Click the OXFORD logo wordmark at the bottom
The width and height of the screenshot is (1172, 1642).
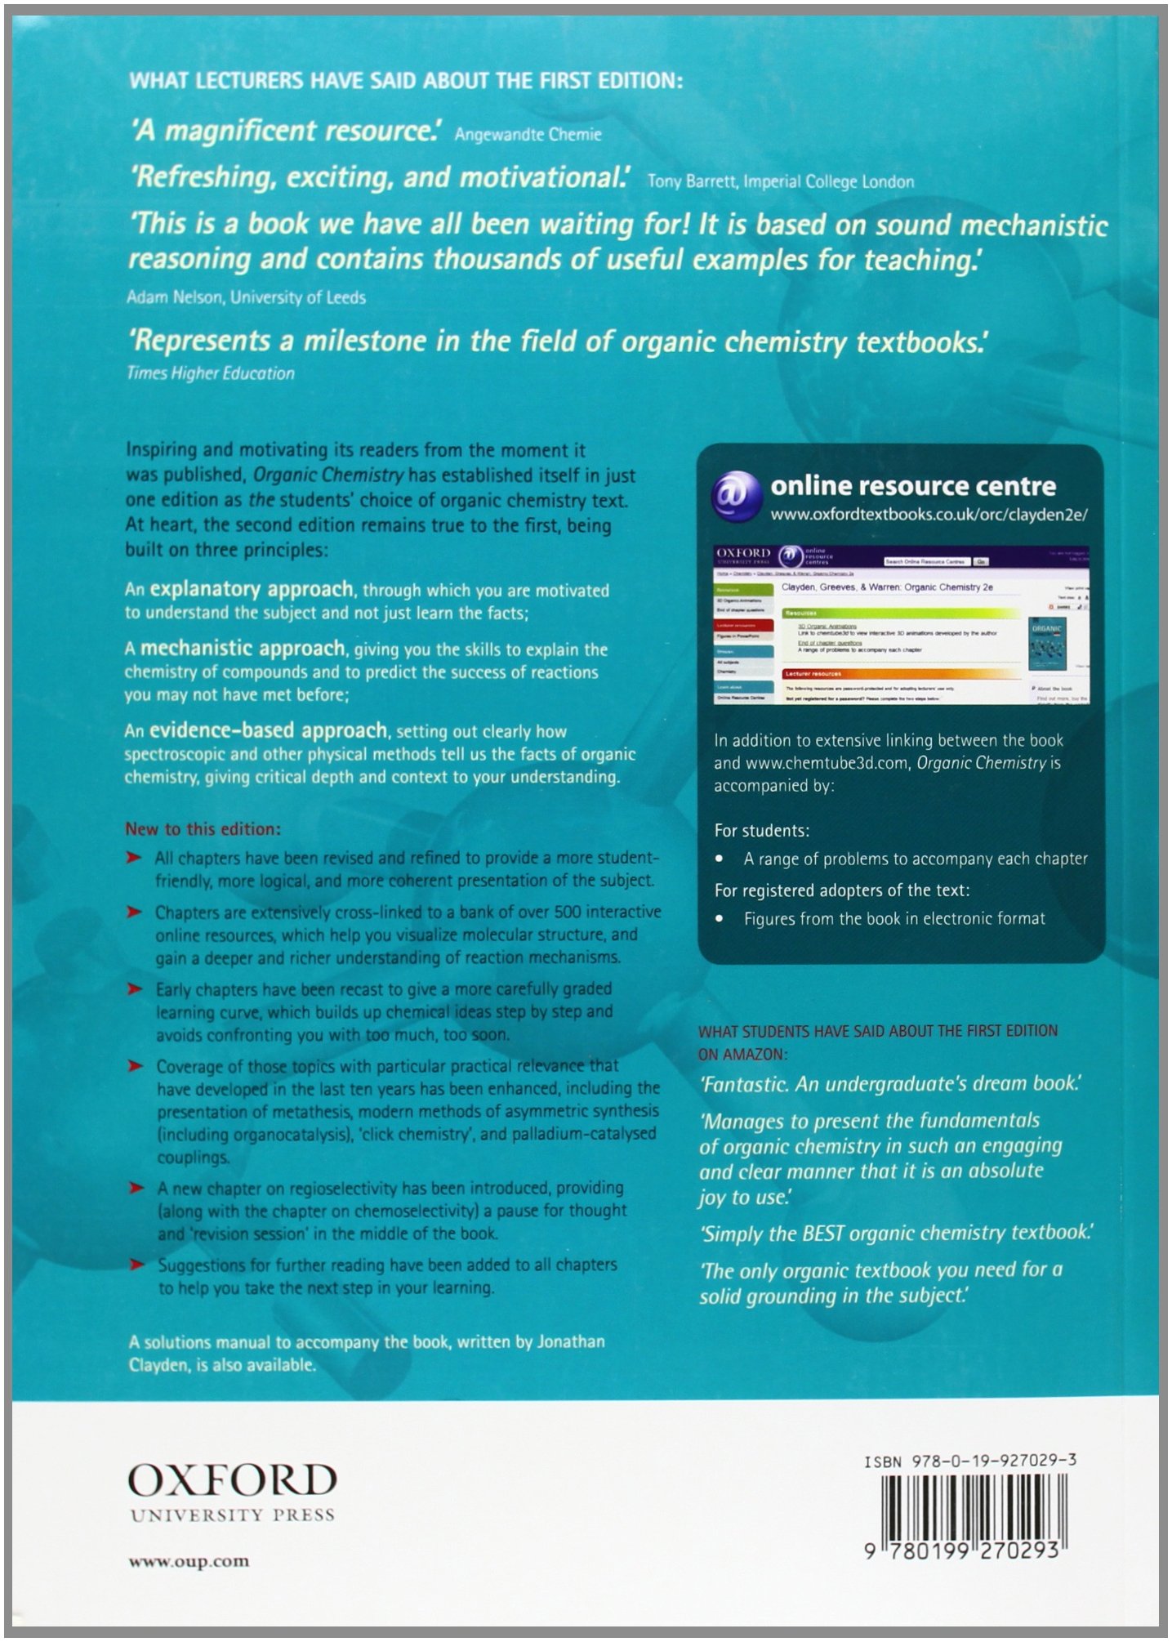[233, 1479]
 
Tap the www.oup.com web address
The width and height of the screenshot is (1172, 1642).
[189, 1561]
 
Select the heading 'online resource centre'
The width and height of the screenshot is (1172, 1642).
[913, 486]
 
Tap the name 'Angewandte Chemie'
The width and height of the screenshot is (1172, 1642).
[528, 135]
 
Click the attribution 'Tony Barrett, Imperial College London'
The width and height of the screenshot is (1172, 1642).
[780, 181]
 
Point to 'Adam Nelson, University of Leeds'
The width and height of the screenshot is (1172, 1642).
[246, 297]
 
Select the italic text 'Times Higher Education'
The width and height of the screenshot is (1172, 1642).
[210, 373]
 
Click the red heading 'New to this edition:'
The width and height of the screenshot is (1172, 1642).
[203, 829]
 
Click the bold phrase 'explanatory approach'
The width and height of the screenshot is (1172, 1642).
[252, 589]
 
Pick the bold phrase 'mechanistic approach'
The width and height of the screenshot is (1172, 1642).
[243, 649]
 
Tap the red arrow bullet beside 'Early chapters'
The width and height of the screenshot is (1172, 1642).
[135, 989]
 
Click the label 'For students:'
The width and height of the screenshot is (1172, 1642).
[762, 831]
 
